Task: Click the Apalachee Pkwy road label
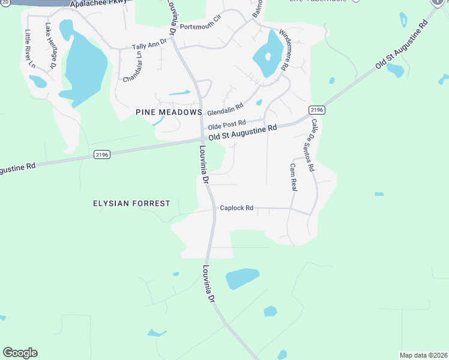[99, 4]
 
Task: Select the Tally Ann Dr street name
[149, 46]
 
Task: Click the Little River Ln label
[29, 47]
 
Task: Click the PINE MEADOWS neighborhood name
[169, 112]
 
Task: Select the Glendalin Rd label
[225, 109]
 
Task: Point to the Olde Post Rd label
[227, 124]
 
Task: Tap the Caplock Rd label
[237, 208]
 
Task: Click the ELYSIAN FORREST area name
[131, 203]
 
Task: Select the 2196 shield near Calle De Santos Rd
[317, 110]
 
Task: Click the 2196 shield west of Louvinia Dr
[102, 154]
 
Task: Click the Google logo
[20, 353]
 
